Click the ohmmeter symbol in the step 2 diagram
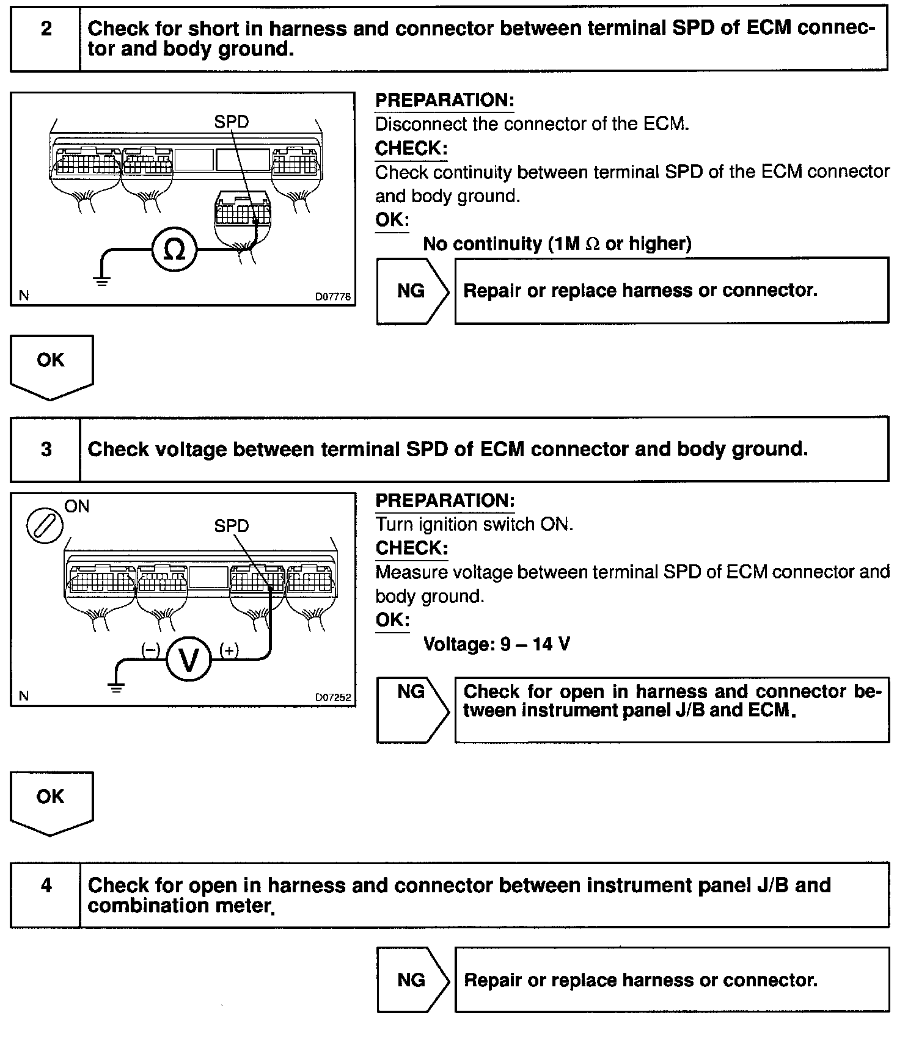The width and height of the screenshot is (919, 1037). (x=175, y=250)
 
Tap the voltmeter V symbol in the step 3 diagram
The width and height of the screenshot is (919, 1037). (x=189, y=659)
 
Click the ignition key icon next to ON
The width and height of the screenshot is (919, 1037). (x=45, y=526)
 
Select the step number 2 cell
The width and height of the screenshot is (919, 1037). (x=46, y=29)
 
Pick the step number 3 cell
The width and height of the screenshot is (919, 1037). (x=46, y=449)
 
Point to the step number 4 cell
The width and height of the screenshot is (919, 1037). (x=46, y=885)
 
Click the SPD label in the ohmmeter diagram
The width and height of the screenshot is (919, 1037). (x=232, y=122)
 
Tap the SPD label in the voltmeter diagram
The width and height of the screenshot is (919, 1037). (x=232, y=526)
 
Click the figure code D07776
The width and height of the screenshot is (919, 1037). (x=333, y=297)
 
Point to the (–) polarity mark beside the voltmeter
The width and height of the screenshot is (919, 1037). (x=150, y=650)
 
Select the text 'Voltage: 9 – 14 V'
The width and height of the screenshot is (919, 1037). (x=497, y=644)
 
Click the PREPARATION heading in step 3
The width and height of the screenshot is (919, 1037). (x=445, y=501)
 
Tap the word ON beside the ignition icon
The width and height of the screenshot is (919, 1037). (x=77, y=506)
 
